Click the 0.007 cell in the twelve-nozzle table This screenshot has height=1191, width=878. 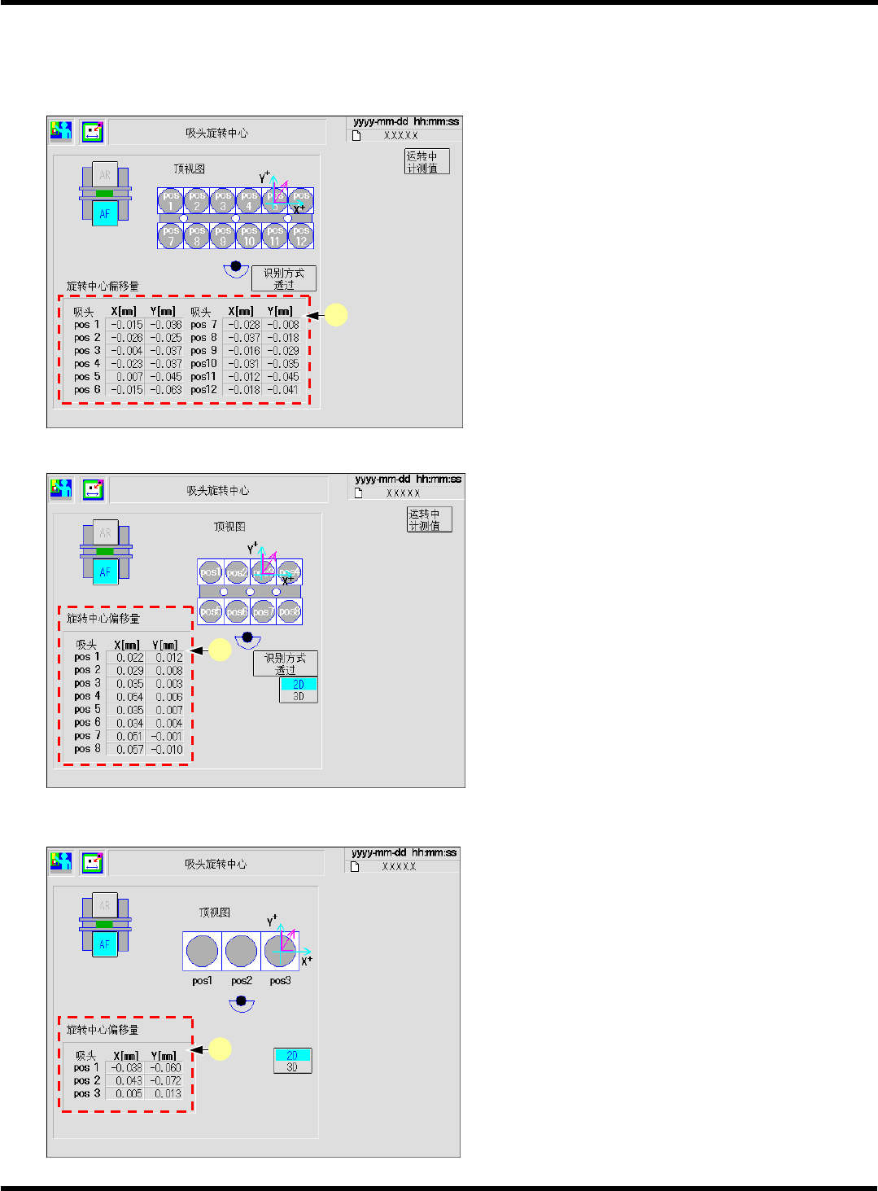(129, 377)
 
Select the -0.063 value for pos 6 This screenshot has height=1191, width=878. (166, 390)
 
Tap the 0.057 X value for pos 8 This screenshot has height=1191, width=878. (129, 750)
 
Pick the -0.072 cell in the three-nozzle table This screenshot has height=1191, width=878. (167, 1081)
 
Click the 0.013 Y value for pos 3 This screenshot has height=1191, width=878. (167, 1094)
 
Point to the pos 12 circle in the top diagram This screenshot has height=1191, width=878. (301, 236)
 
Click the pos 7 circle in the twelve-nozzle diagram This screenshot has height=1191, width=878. (170, 236)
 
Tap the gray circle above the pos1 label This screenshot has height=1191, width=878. (202, 951)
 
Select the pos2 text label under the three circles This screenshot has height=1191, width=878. (241, 981)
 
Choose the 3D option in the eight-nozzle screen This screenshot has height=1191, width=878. (299, 697)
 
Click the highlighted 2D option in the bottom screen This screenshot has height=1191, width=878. (292, 1055)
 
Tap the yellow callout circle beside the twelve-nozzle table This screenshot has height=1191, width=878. (336, 315)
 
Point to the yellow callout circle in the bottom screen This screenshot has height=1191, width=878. (220, 1049)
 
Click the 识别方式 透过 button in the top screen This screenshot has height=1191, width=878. (284, 278)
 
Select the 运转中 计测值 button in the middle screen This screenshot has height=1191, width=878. (429, 519)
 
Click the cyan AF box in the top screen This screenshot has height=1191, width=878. (105, 214)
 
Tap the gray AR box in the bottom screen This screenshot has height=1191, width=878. (105, 906)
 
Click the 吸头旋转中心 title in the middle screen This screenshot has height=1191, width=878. (218, 491)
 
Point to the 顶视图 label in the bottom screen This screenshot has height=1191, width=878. (215, 913)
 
